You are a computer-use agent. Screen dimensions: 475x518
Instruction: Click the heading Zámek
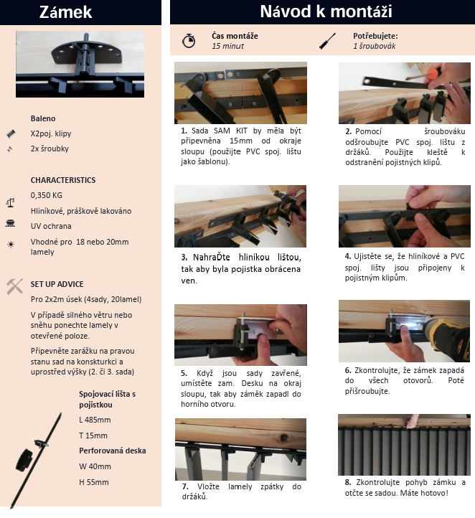point(65,12)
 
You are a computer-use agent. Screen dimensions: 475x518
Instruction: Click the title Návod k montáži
point(326,11)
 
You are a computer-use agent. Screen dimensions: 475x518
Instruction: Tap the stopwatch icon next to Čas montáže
point(189,41)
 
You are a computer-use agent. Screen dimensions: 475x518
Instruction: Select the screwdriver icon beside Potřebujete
point(328,41)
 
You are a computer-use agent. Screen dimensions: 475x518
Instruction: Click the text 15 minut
point(228,46)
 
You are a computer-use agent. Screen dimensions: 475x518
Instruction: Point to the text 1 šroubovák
point(375,46)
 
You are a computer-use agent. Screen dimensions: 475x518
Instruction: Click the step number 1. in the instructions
point(184,131)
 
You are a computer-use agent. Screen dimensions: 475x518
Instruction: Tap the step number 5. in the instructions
point(184,373)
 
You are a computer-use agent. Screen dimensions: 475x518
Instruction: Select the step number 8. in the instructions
point(348,482)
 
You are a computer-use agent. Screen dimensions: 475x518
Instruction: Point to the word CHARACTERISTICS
point(63,180)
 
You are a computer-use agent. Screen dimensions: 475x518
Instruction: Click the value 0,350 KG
point(46,195)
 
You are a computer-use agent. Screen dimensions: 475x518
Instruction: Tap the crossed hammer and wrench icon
point(14,286)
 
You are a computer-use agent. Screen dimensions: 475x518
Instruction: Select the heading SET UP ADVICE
point(57,284)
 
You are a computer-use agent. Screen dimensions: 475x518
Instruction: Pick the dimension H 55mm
point(94,482)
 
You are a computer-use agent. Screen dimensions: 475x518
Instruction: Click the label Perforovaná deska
point(113,451)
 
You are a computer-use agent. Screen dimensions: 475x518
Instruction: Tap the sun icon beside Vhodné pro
point(11,245)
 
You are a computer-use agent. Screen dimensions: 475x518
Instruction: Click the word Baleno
point(43,118)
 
